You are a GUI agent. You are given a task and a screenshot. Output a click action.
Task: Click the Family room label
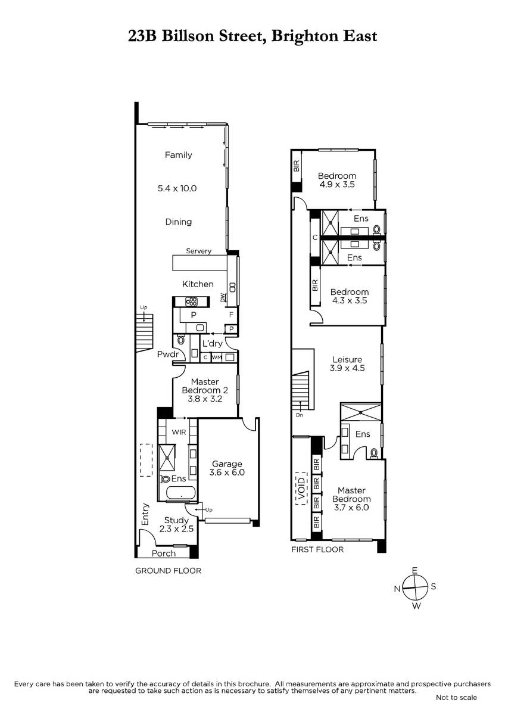click(178, 155)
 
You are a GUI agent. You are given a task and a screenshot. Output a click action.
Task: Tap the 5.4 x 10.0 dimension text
click(177, 188)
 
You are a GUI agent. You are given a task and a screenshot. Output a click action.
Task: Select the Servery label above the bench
click(198, 251)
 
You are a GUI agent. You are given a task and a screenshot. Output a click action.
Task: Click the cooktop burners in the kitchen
click(192, 301)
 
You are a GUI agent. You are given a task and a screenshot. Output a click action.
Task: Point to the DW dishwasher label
click(222, 298)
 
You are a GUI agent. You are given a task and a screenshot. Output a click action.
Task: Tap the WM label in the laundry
click(216, 357)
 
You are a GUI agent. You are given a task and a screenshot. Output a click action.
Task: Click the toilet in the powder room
click(181, 340)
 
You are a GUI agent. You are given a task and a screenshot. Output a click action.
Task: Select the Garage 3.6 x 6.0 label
click(227, 468)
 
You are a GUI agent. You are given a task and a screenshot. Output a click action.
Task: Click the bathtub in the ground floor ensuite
click(180, 493)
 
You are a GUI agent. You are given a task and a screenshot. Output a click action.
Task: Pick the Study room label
click(176, 520)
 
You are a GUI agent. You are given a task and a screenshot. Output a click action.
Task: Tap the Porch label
click(164, 554)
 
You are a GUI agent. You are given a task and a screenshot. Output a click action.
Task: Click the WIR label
click(179, 432)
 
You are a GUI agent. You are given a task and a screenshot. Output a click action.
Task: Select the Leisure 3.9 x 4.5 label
click(347, 364)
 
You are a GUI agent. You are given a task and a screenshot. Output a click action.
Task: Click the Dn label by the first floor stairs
click(299, 415)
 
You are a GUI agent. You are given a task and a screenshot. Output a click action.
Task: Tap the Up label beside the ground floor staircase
click(144, 307)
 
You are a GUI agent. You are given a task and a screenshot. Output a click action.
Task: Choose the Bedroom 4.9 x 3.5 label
click(337, 180)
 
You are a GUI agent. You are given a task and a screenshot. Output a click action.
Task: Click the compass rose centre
click(415, 587)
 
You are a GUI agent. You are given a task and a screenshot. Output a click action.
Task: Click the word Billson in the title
click(189, 36)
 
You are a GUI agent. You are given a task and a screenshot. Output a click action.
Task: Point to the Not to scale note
click(456, 698)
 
